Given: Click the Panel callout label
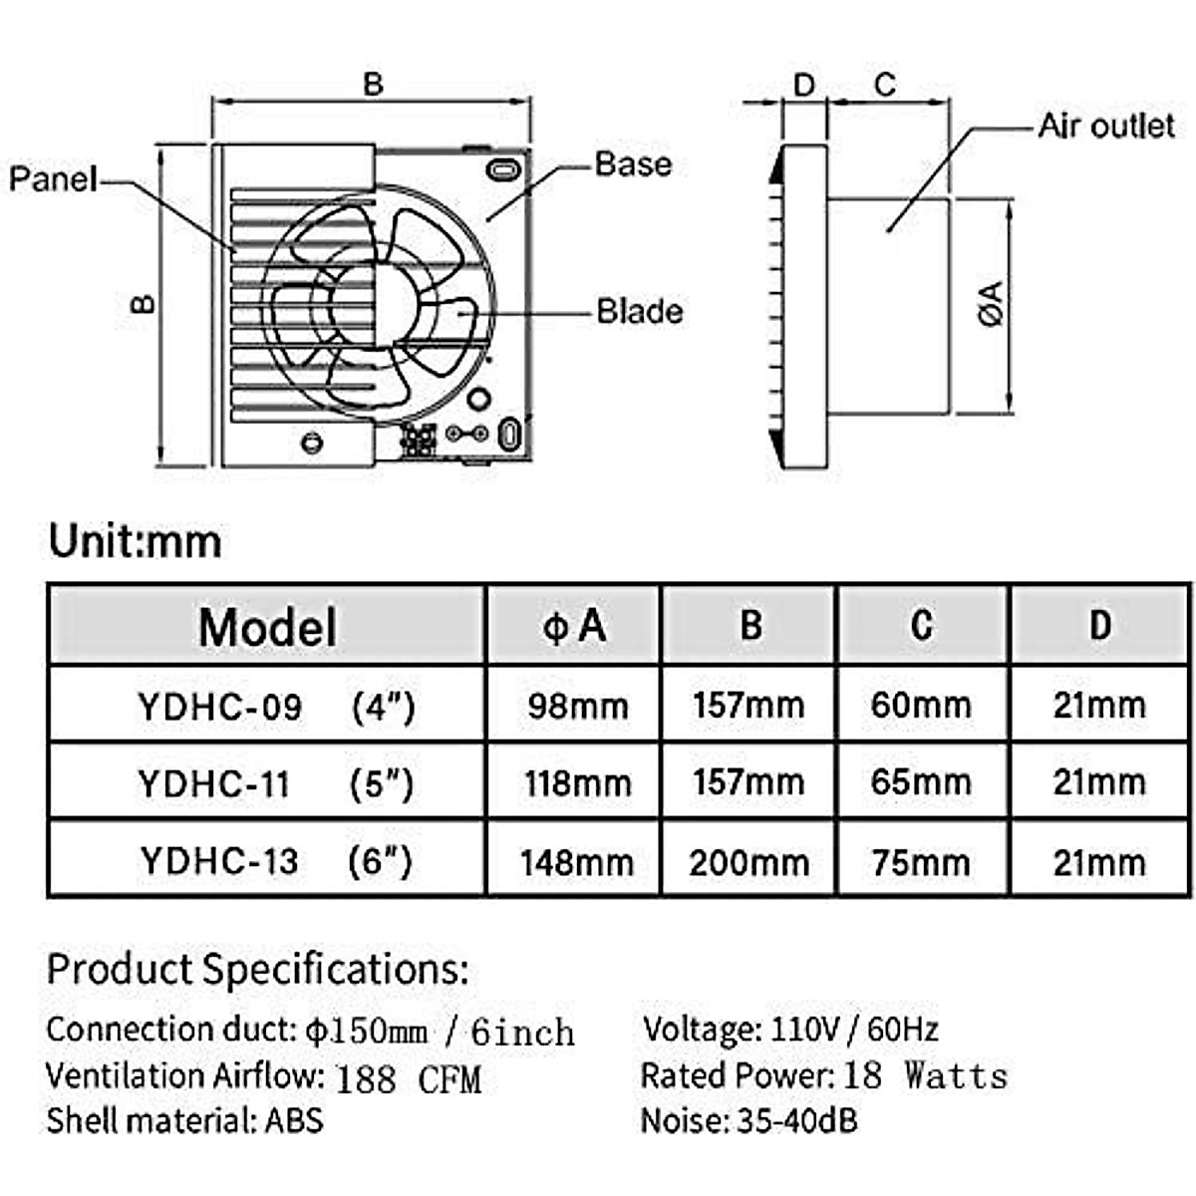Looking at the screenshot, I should coord(53,179).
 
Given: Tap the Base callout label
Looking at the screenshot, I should coord(633,163).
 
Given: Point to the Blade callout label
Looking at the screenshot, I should coord(640,311).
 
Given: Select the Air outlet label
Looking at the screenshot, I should coord(1106,127).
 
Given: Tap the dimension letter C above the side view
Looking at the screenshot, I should coord(884,85).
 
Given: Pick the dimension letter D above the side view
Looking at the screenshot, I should coord(803,85).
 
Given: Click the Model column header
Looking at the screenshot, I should coord(267,627).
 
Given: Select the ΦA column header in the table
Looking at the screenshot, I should coord(574,626).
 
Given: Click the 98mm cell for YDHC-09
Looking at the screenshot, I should coord(578,707).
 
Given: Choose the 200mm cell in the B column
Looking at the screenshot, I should coord(748,862).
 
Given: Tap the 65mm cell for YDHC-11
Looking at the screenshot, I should coord(921,782).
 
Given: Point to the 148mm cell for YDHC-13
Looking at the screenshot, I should coord(577,862).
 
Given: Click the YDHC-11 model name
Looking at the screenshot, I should coord(214,784).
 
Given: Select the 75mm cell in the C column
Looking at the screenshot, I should coord(921,862).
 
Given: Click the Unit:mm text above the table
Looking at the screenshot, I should coord(136,541).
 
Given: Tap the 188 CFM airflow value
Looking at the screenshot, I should coord(408,1078).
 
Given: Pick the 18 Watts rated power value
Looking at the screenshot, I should coord(925,1075).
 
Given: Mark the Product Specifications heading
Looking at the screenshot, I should coord(257,969).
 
